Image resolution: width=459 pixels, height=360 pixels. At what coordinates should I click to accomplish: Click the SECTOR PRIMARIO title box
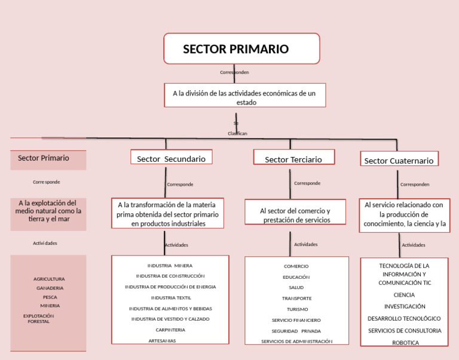point(241,48)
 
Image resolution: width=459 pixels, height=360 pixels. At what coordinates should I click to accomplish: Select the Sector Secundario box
point(172,158)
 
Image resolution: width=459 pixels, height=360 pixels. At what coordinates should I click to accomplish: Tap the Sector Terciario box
point(293,159)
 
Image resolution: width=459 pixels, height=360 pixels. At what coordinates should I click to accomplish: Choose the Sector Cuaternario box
point(399,160)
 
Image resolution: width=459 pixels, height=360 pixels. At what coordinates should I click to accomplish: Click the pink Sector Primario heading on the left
point(44,158)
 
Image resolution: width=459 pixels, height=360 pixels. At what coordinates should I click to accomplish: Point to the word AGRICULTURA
point(49,279)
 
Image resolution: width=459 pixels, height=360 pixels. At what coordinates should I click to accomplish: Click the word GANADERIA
point(50,288)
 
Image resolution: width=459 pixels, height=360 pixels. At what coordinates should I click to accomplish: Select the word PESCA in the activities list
point(50,297)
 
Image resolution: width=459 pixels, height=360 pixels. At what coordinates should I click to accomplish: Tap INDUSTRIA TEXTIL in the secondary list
point(171,297)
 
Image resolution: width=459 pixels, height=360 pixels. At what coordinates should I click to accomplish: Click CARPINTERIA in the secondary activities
point(170,330)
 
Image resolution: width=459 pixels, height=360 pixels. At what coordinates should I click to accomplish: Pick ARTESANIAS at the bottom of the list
point(162,340)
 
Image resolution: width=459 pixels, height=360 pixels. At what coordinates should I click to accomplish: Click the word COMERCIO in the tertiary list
point(296,266)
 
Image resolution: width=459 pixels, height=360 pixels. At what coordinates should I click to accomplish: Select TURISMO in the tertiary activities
point(297,309)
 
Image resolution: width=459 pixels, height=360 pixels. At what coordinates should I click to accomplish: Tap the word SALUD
point(296,287)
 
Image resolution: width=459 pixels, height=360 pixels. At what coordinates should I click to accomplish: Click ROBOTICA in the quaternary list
point(405,343)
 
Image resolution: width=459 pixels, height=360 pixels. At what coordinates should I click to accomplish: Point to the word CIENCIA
point(405,295)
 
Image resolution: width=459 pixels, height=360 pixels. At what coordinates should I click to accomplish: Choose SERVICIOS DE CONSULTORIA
point(405,330)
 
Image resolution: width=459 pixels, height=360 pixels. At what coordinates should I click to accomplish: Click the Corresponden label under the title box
point(234,72)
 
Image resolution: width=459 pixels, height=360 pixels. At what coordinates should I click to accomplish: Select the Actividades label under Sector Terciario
point(306,244)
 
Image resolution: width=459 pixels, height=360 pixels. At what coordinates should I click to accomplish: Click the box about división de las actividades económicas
point(245,96)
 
